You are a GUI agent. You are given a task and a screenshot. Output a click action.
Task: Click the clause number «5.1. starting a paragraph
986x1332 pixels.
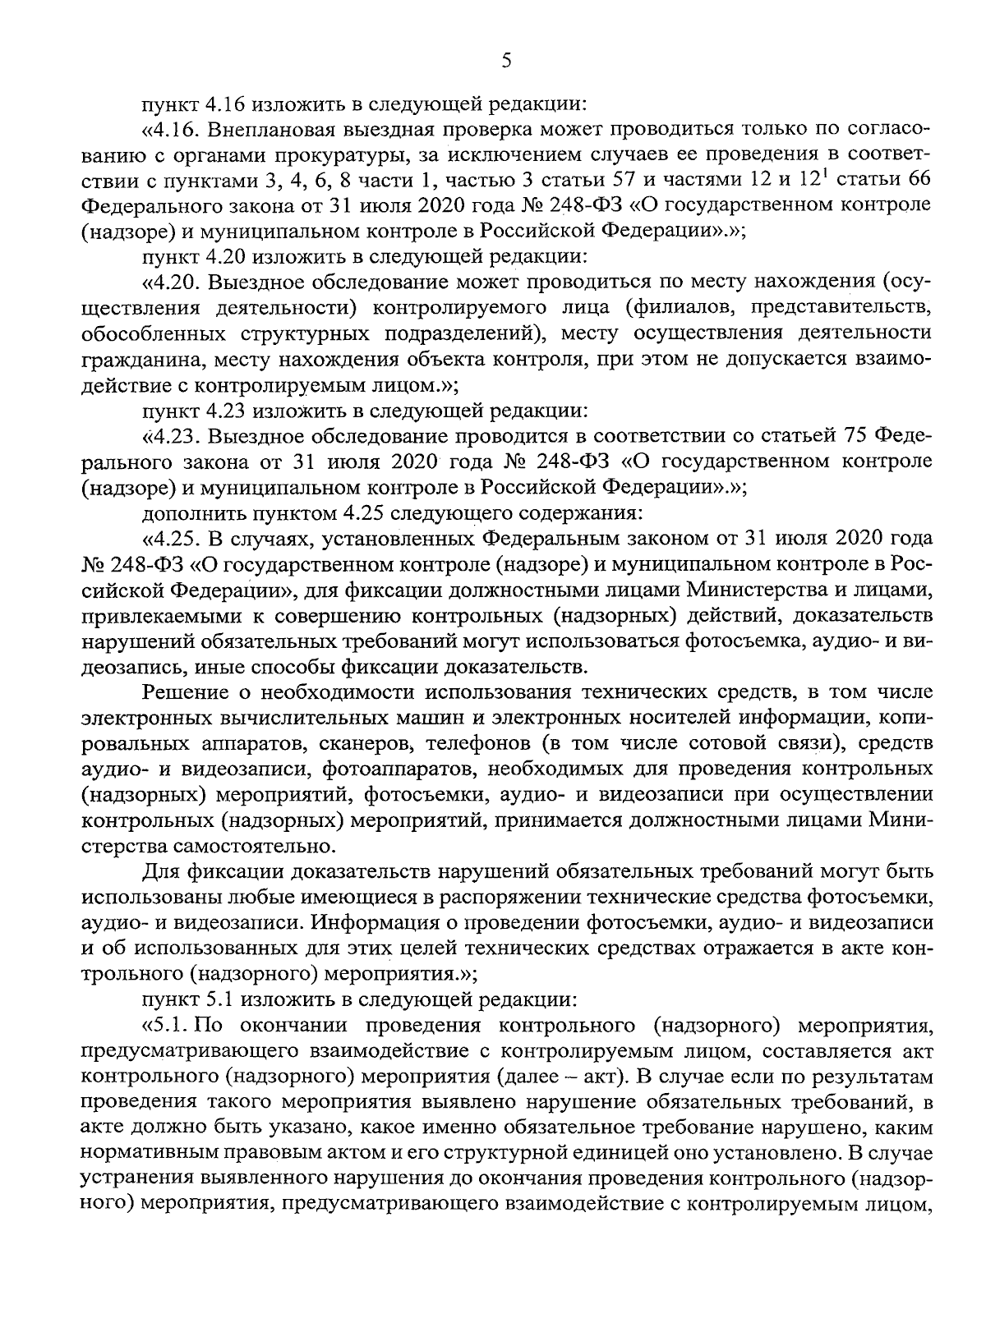168,1024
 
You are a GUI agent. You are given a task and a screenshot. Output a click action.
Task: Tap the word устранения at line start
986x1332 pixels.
137,1178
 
